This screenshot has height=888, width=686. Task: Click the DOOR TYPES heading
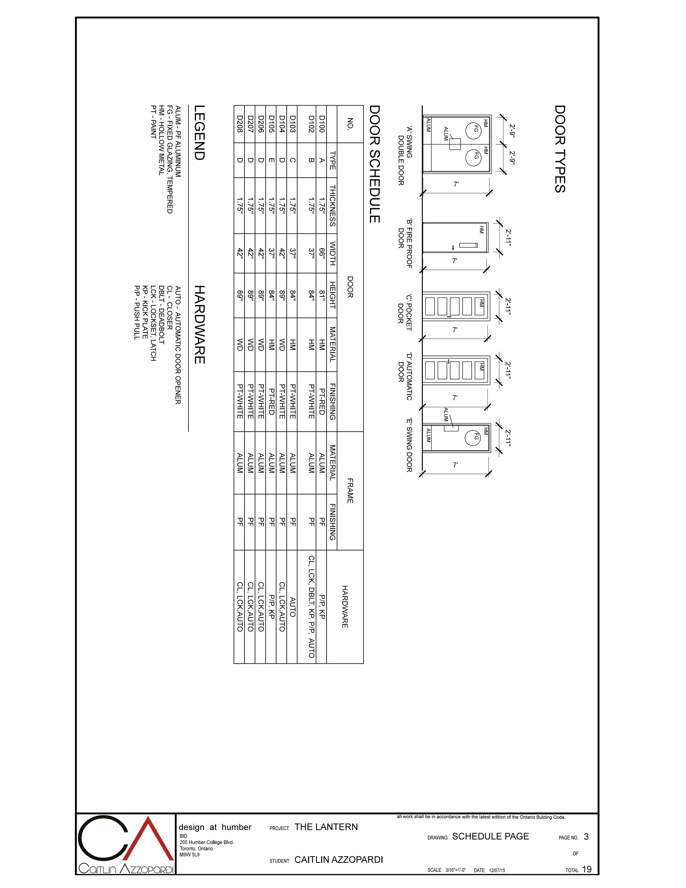tap(560, 149)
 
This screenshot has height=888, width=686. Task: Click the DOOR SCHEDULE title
tap(374, 164)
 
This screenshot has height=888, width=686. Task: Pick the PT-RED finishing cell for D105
tap(271, 401)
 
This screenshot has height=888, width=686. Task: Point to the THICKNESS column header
tap(332, 206)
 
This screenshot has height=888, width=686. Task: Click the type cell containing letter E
tap(271, 160)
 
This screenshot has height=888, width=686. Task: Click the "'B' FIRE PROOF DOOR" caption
tap(405, 244)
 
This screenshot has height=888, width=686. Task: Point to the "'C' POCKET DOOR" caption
tap(405, 312)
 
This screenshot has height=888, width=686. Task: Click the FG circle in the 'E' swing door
tap(473, 438)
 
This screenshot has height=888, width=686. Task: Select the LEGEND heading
tap(199, 133)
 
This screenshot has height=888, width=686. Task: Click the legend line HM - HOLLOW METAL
tap(161, 140)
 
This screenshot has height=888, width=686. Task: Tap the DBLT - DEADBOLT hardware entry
tap(161, 315)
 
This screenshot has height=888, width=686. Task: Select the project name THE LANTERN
tap(326, 827)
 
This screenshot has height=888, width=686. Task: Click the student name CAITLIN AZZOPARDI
tap(339, 860)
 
